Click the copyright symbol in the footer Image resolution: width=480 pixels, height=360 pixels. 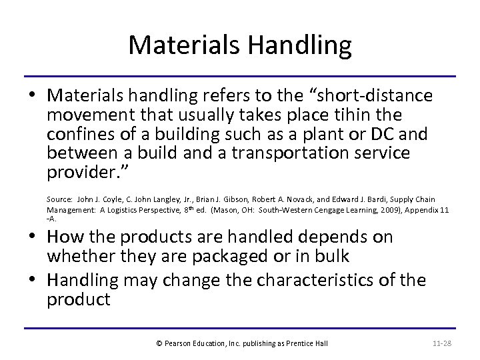point(158,343)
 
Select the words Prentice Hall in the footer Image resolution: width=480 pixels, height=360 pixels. point(309,343)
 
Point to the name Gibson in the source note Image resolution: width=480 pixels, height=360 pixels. point(225,199)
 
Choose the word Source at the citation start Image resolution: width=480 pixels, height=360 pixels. point(59,199)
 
